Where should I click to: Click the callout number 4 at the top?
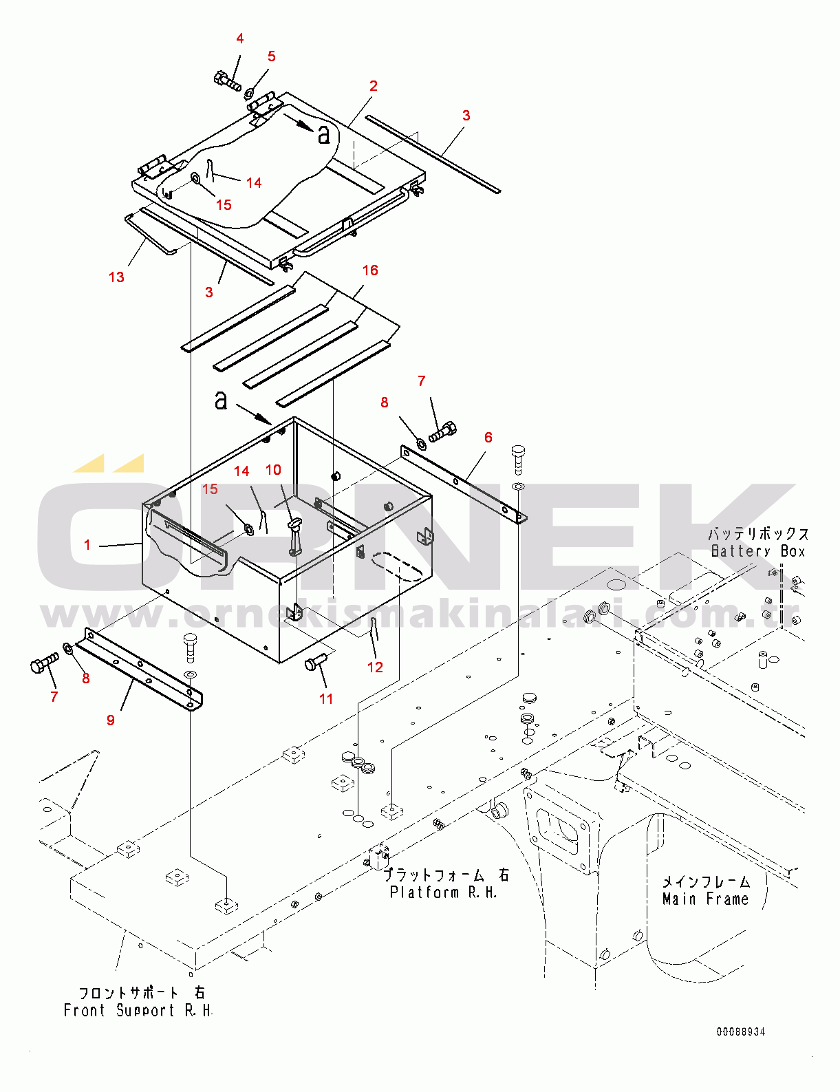pos(239,39)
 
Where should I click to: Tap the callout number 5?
pos(272,56)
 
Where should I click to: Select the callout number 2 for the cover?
pos(373,86)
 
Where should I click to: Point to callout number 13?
pos(116,277)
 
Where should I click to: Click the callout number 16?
pos(370,270)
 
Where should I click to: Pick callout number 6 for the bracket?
pos(488,438)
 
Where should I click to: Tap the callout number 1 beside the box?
pos(87,545)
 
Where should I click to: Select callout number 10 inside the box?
pos(273,470)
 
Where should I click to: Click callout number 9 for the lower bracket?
pos(111,720)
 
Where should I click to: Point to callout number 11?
pos(326,699)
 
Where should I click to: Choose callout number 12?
pos(375,667)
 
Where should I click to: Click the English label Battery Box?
pos(757,551)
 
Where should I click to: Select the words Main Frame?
pos(705,899)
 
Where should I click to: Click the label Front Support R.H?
pos(138,1011)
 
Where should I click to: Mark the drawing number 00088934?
pos(740,1031)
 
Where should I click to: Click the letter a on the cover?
pos(323,134)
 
